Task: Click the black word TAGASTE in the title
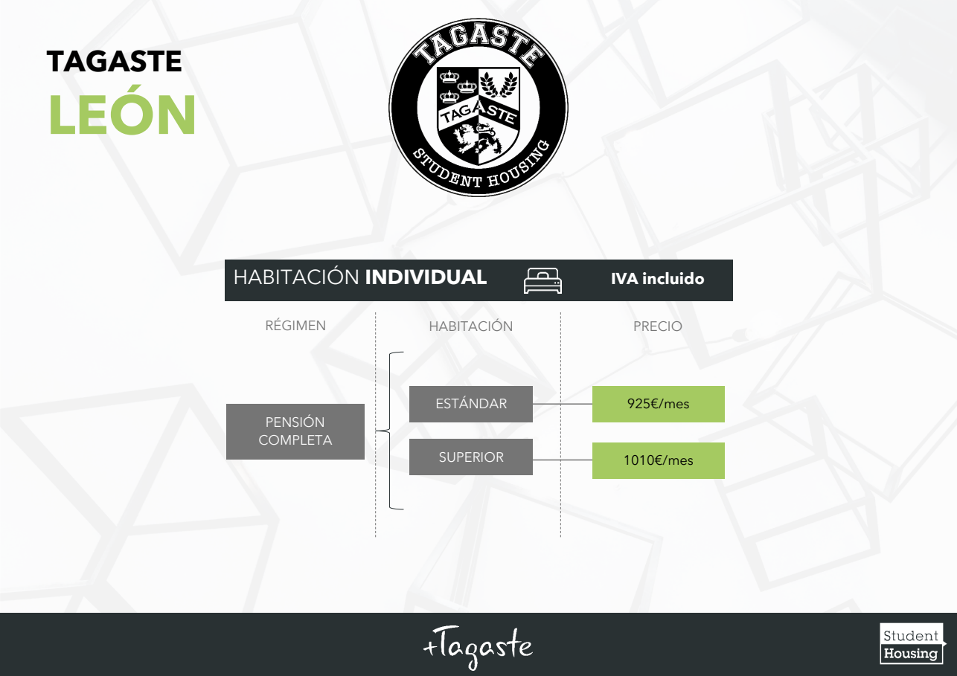click(x=114, y=62)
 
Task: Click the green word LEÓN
click(x=123, y=115)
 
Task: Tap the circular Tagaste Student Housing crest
click(x=478, y=107)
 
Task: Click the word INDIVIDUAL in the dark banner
click(x=426, y=278)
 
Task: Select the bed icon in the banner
click(x=543, y=280)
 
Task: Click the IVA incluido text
click(x=657, y=279)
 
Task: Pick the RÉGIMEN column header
click(x=295, y=326)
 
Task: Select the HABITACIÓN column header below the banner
click(x=470, y=326)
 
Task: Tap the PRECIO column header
click(x=657, y=326)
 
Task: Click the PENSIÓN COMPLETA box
click(x=295, y=431)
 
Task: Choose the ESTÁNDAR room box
click(x=471, y=404)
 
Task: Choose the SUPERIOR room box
click(x=471, y=457)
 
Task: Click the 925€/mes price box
click(x=658, y=405)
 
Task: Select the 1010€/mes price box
click(x=658, y=460)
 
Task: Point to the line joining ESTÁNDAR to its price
click(x=563, y=405)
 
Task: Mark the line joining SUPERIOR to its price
click(x=563, y=460)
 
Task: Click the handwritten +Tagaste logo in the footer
click(x=478, y=646)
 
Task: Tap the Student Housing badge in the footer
click(x=912, y=644)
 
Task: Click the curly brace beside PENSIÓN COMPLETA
click(x=389, y=431)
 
